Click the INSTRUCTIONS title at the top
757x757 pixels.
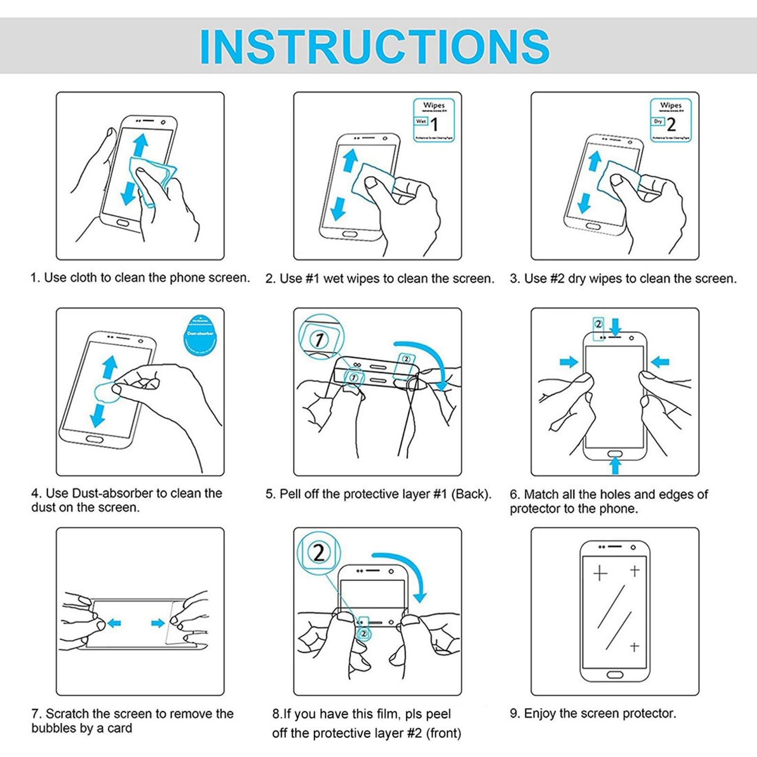375,46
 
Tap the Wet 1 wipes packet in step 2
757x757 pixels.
434,120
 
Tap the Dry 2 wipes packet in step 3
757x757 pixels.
670,120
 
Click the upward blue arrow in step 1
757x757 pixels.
140,144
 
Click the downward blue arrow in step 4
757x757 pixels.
98,415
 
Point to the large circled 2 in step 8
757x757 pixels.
319,552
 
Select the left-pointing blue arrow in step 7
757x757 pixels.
114,623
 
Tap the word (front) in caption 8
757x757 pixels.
443,733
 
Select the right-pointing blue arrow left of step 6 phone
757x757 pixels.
569,362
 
